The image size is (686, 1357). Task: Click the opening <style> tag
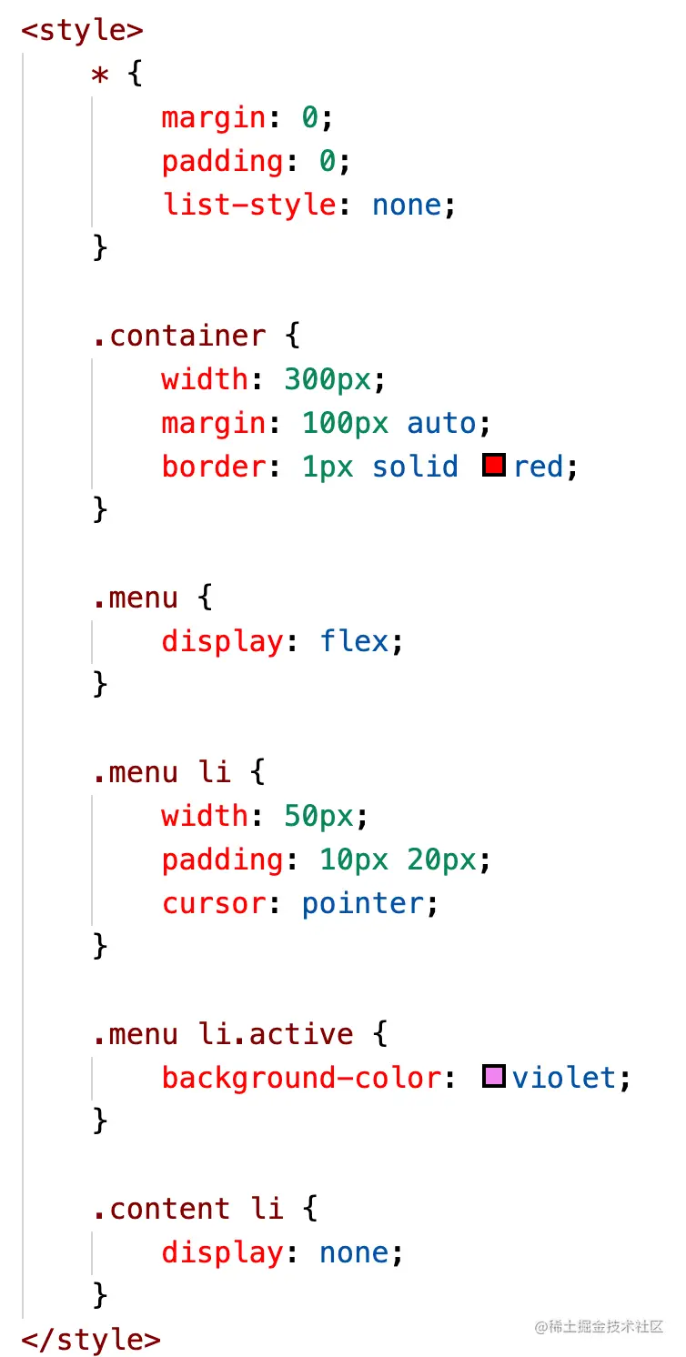click(82, 30)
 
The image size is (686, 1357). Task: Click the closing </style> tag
click(91, 1340)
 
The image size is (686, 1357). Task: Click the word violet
click(564, 1078)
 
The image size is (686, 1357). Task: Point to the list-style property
click(248, 205)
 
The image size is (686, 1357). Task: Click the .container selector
click(179, 336)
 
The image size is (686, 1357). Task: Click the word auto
click(441, 423)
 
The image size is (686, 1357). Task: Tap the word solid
click(415, 467)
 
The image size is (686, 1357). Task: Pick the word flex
click(354, 641)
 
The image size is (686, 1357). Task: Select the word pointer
click(362, 903)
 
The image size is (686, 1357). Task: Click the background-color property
click(301, 1078)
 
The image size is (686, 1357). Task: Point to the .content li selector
click(187, 1209)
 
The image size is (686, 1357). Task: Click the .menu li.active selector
click(222, 1034)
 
